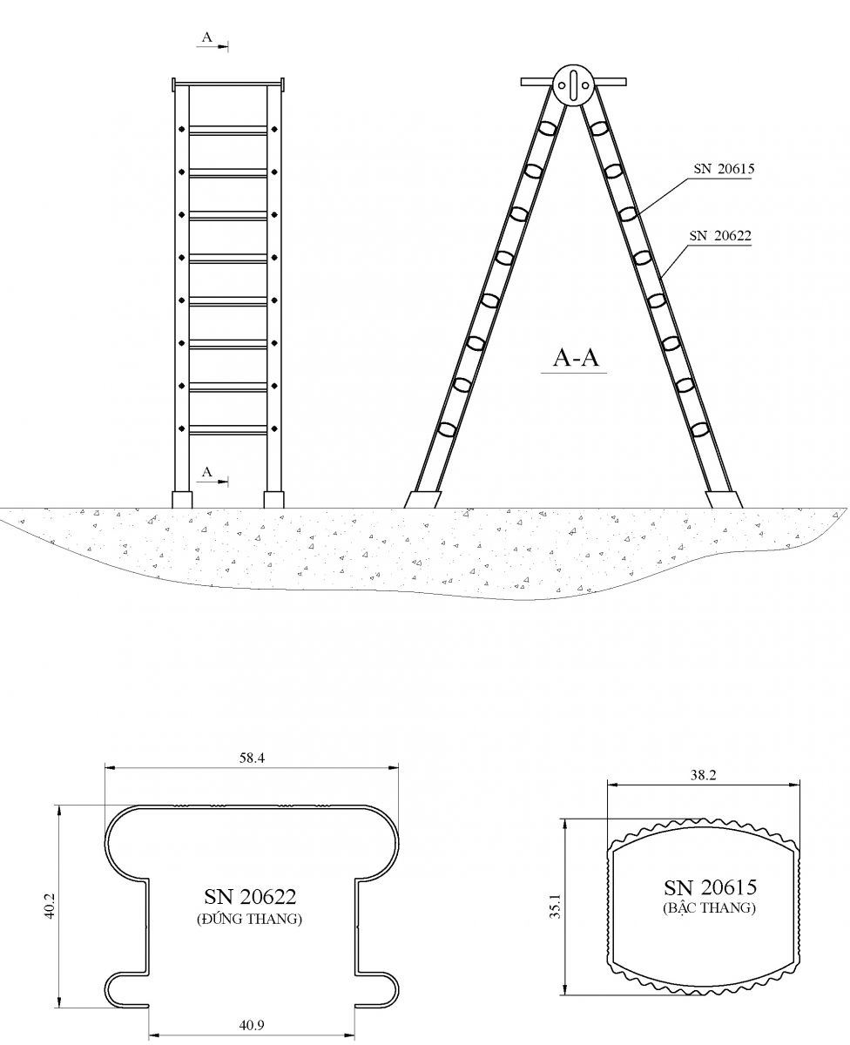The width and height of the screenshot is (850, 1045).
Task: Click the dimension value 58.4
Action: click(252, 758)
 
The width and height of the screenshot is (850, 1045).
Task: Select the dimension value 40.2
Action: click(50, 907)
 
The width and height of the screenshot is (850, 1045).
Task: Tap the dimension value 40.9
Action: click(252, 1024)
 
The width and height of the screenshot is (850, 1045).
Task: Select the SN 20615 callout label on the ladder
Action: click(723, 170)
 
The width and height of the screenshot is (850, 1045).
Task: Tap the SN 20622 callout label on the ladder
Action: click(719, 235)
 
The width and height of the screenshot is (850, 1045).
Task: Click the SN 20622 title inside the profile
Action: click(250, 897)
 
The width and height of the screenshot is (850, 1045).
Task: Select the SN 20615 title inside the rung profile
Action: click(710, 887)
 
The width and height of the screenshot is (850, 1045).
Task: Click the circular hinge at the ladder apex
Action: click(573, 85)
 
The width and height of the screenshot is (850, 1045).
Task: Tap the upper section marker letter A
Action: click(206, 37)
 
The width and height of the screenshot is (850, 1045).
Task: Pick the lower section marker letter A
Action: click(206, 472)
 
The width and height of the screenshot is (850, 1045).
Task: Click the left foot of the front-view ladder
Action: click(182, 500)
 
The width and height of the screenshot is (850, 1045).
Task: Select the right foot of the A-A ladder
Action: click(724, 500)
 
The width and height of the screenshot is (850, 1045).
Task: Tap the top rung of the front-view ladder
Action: click(228, 131)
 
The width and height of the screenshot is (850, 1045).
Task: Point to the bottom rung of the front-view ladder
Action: click(228, 429)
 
